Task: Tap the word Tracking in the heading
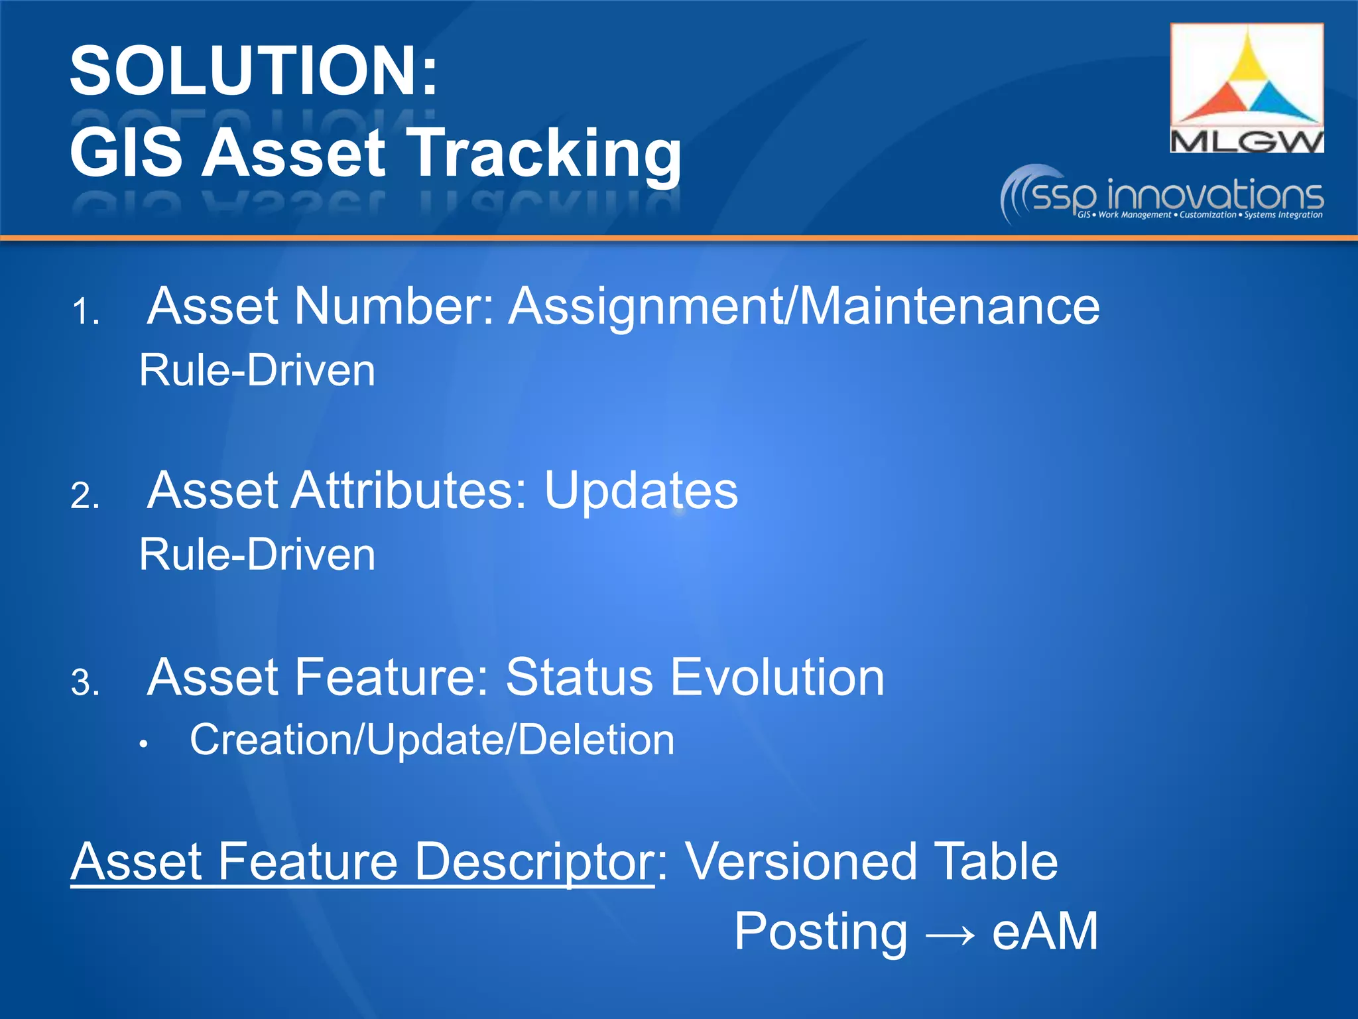(544, 154)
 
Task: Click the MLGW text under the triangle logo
(1247, 141)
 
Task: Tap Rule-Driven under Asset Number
(257, 370)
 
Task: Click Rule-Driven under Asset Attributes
(257, 555)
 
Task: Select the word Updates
(641, 491)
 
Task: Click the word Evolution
(777, 677)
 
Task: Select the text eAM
(1045, 931)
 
